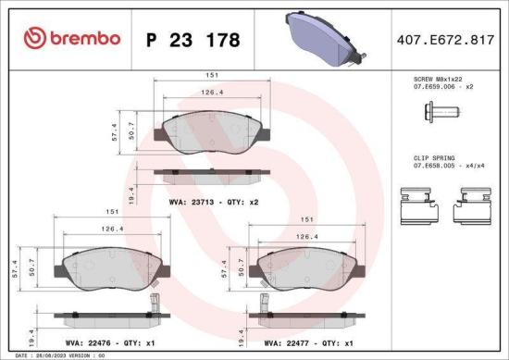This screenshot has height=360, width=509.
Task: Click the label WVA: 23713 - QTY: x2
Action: coord(214,200)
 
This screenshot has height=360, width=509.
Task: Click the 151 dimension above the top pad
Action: coord(214,76)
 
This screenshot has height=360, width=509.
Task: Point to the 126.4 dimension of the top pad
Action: coord(214,93)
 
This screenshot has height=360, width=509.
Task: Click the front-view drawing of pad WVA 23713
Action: coord(214,133)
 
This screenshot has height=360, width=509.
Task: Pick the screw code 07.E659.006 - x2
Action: coord(443,86)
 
